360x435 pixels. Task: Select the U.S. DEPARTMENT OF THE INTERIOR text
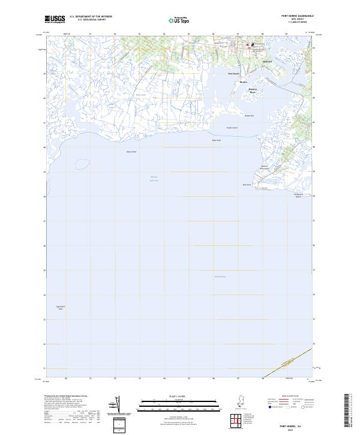(x=91, y=16)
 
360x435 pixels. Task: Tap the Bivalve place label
(x=243, y=82)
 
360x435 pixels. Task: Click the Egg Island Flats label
(x=59, y=308)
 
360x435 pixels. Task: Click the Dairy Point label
(x=131, y=152)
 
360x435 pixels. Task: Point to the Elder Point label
(x=217, y=140)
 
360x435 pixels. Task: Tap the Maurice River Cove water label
(x=154, y=179)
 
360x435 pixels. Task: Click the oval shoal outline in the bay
(x=82, y=164)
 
